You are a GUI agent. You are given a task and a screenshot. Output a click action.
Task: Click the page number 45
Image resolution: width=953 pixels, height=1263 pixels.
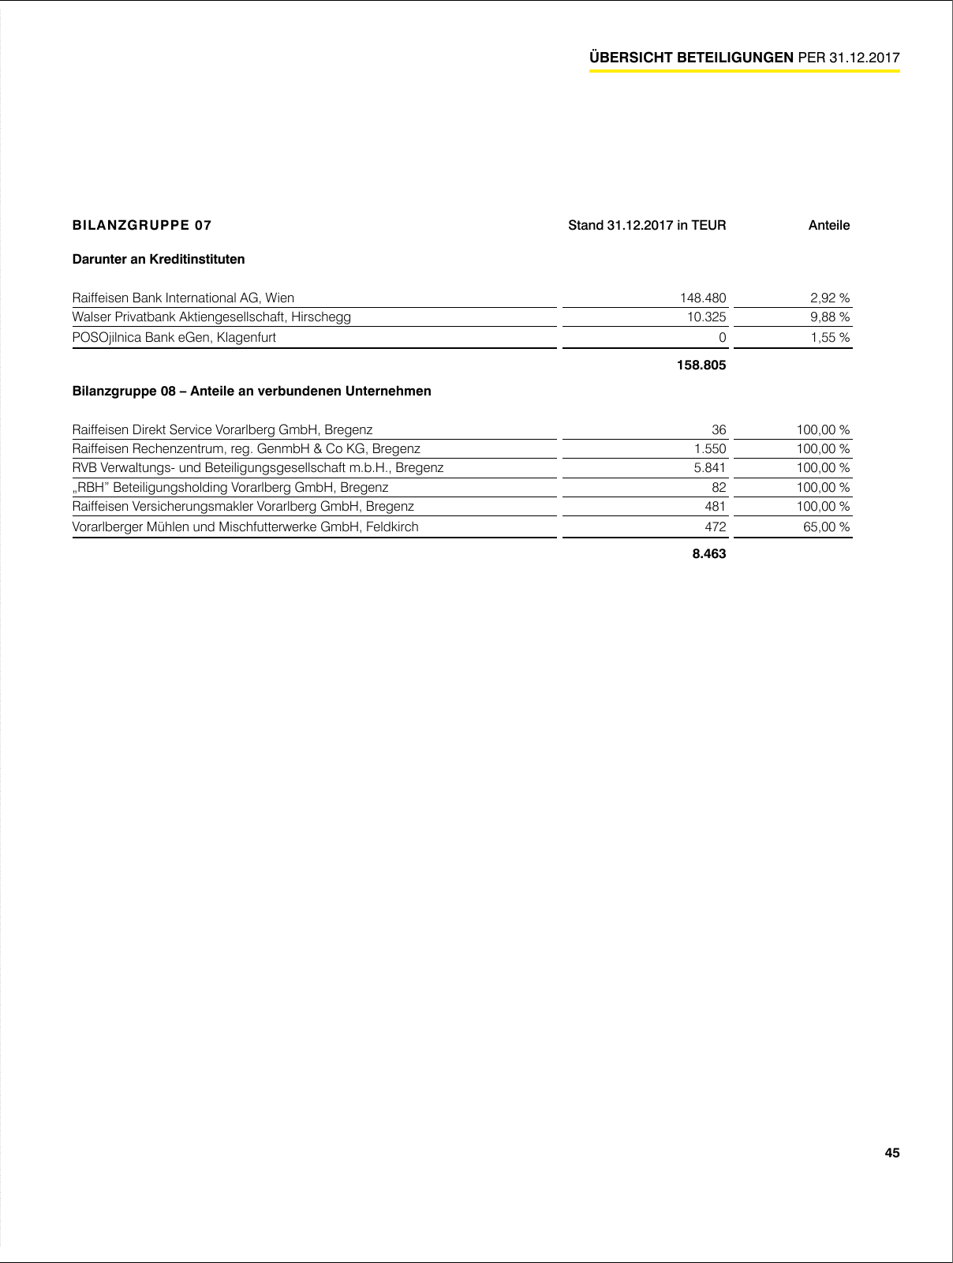coord(891,1152)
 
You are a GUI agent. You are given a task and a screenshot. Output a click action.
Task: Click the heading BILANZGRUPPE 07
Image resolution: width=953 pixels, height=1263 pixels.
coord(142,225)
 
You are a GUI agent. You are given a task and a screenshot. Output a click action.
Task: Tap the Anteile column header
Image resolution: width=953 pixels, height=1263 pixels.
coord(828,225)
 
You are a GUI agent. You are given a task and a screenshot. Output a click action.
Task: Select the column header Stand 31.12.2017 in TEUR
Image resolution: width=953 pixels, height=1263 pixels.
coord(647,225)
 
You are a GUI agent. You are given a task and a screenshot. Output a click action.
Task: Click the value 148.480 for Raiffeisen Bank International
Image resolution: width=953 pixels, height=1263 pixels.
coord(702,298)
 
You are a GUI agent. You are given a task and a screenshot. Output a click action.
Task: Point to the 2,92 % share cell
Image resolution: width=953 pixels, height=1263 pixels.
coord(830,298)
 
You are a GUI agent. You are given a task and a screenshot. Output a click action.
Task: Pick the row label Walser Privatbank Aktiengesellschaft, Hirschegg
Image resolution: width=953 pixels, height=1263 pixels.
coord(211,317)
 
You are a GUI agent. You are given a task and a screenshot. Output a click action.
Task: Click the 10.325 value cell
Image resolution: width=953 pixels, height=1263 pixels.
coord(706,317)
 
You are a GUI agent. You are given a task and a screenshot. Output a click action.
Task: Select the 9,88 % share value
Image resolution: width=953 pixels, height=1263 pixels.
coord(830,317)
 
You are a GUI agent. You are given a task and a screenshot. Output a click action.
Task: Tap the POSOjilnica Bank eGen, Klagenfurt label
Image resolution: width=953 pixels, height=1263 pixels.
coord(174,337)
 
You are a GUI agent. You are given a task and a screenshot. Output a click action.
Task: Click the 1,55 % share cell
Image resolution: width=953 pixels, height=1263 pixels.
coord(830,337)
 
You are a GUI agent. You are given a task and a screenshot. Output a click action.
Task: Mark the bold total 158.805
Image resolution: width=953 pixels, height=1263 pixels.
coord(701,365)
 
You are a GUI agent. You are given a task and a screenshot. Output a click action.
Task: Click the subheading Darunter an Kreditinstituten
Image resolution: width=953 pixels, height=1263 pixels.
coord(158,259)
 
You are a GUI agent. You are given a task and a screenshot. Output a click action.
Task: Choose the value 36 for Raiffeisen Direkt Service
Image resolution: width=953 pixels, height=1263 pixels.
coord(719,429)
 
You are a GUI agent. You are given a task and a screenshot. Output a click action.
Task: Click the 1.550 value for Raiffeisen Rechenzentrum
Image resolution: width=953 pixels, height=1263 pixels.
coord(710,448)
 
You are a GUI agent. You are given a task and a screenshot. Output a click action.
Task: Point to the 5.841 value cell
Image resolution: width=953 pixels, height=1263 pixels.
coord(710,467)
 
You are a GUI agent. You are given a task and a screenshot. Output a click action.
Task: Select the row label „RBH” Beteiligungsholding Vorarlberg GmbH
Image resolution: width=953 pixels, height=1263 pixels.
coord(230,487)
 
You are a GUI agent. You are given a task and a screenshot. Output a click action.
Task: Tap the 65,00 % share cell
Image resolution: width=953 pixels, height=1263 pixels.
coord(827,527)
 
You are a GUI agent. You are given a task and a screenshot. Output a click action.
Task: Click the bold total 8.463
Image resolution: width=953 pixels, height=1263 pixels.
coord(708,553)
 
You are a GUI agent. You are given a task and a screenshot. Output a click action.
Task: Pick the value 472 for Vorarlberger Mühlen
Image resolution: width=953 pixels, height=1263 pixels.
coord(715,527)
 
